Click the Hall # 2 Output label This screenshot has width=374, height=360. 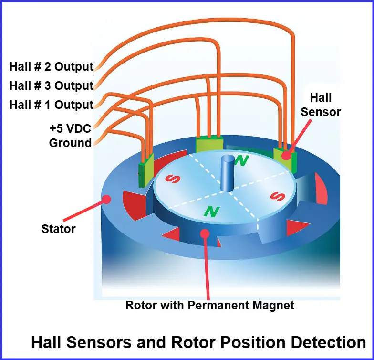pyautogui.click(x=52, y=67)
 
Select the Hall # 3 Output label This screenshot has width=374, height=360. pyautogui.click(x=52, y=86)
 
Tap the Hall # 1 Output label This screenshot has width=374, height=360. pyautogui.click(x=52, y=105)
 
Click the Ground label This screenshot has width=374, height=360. pyautogui.click(x=71, y=143)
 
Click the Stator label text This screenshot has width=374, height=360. pyautogui.click(x=58, y=229)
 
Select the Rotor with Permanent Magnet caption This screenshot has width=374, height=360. pyautogui.click(x=210, y=305)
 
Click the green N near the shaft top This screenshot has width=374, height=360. pyautogui.click(x=243, y=160)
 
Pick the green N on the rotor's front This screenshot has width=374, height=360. pyautogui.click(x=211, y=211)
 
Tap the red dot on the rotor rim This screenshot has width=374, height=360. pyautogui.click(x=205, y=233)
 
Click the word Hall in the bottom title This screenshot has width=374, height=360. pyautogui.click(x=52, y=342)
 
